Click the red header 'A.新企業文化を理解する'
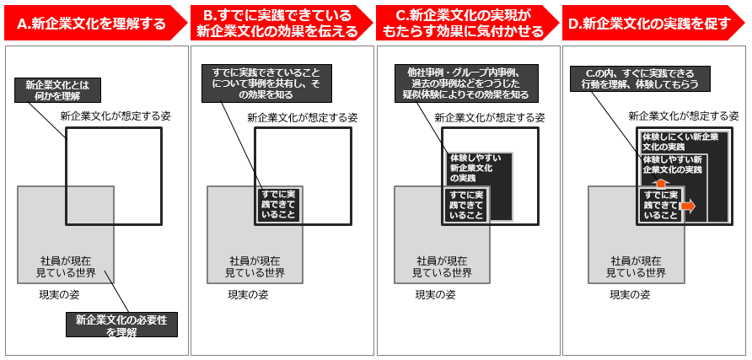click(x=91, y=24)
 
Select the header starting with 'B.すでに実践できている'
click(x=277, y=24)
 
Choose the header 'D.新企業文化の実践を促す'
click(x=649, y=24)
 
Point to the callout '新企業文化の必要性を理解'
click(x=121, y=325)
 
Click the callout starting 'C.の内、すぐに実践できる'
click(x=639, y=78)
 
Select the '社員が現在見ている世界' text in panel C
click(x=443, y=266)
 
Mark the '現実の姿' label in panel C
click(x=435, y=295)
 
